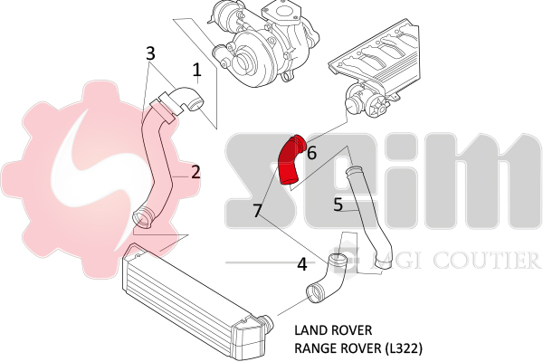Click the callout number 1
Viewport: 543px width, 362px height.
point(196,69)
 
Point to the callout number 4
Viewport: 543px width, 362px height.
point(302,264)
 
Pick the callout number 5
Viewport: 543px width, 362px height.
point(337,205)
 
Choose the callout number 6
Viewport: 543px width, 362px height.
point(311,153)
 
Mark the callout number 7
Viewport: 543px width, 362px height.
point(258,211)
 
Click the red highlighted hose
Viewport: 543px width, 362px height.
point(291,161)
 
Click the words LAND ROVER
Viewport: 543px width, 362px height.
point(334,329)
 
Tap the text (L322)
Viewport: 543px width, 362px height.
point(403,347)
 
